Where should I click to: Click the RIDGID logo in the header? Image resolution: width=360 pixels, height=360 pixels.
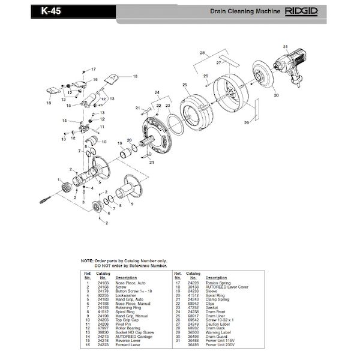pyautogui.click(x=302, y=11)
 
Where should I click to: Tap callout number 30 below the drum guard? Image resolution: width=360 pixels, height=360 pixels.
pyautogui.click(x=277, y=95)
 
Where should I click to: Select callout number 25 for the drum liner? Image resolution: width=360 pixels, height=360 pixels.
pyautogui.click(x=184, y=85)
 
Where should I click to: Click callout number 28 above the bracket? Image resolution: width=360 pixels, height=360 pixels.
pyautogui.click(x=202, y=54)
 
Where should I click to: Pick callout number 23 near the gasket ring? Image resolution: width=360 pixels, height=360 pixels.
pyautogui.click(x=167, y=106)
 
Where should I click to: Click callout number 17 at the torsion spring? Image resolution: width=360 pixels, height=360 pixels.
pyautogui.click(x=94, y=70)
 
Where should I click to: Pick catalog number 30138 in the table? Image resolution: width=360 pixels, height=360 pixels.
pyautogui.click(x=194, y=286)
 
